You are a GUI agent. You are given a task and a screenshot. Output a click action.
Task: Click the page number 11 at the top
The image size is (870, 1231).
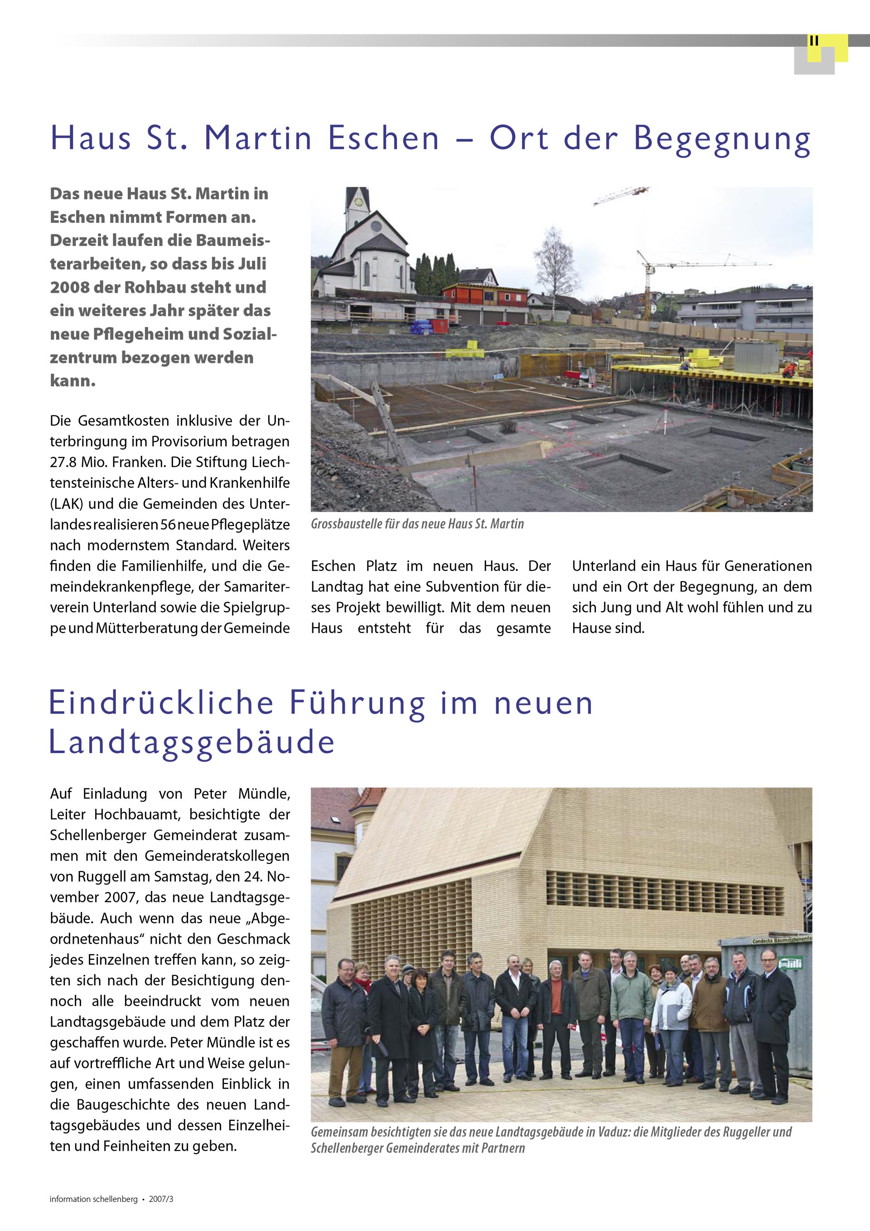point(814,41)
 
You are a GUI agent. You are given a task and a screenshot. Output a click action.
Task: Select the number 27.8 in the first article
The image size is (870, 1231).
point(62,462)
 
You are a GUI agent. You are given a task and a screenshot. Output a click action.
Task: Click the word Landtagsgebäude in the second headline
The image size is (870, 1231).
point(192,743)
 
